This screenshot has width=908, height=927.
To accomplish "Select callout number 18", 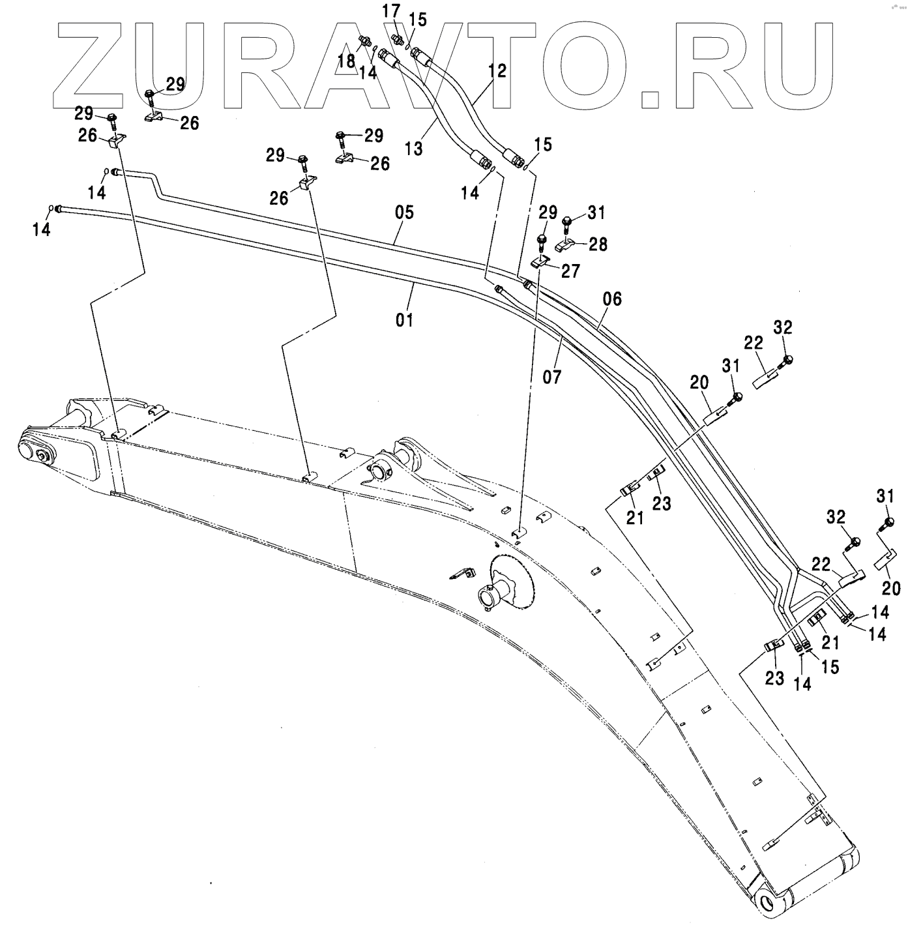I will [x=346, y=61].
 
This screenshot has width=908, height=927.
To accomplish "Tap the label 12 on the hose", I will [x=497, y=70].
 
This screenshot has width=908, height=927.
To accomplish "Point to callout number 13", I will [x=413, y=148].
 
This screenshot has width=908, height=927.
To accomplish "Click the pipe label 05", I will [x=403, y=213].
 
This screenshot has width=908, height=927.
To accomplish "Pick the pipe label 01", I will [x=405, y=319].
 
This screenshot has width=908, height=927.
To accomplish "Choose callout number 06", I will [x=612, y=299].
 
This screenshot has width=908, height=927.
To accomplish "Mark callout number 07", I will [x=551, y=376].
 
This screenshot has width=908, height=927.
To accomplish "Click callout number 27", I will [x=570, y=271].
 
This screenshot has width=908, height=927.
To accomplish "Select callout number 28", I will [x=598, y=244].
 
